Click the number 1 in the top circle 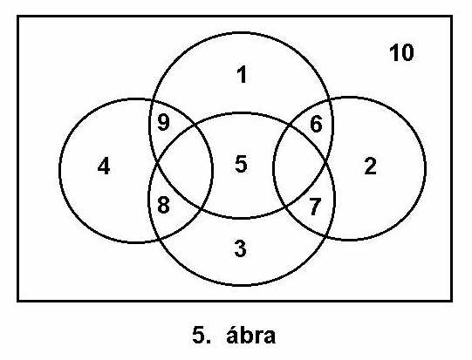tap(242, 75)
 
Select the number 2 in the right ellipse tap(370, 166)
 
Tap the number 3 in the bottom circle tap(240, 248)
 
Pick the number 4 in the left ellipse tap(104, 166)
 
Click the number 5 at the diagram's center tap(241, 164)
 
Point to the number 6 tap(316, 125)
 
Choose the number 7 tap(315, 207)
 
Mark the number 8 tap(163, 205)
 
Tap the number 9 tap(163, 122)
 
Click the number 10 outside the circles tap(401, 52)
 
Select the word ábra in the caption tap(250, 335)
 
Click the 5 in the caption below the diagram tap(199, 336)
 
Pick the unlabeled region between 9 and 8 tap(181, 165)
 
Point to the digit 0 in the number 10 tap(407, 52)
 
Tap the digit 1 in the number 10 tap(393, 52)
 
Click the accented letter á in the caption tap(232, 335)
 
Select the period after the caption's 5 tap(209, 342)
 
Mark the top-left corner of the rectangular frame tap(18, 17)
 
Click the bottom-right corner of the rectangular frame tap(452, 300)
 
